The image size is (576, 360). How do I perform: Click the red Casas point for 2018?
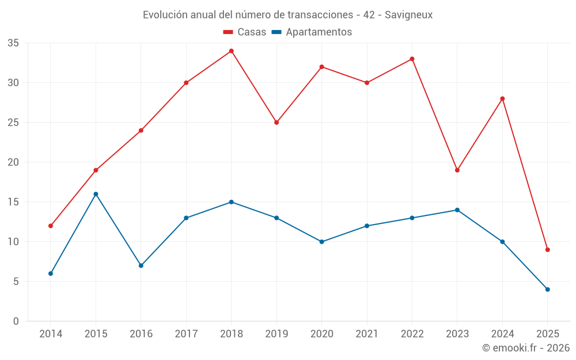[x=231, y=51]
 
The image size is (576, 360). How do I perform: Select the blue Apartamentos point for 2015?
[x=96, y=194]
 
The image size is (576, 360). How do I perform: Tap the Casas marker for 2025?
[x=548, y=249]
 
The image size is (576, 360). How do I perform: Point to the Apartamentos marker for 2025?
[x=548, y=289]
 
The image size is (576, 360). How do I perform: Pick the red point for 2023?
[x=457, y=170]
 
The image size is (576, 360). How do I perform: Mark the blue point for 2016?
[x=141, y=266]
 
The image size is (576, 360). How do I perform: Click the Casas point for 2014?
[x=51, y=226]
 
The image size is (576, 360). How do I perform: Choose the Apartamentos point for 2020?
[x=321, y=241]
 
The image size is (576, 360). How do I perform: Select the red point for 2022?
[x=412, y=59]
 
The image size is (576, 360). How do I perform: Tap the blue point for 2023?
[x=457, y=210]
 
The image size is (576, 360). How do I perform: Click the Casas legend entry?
[x=245, y=32]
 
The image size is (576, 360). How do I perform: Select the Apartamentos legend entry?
[x=312, y=32]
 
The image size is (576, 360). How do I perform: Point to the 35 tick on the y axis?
[x=13, y=43]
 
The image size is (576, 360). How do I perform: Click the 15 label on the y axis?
[x=13, y=202]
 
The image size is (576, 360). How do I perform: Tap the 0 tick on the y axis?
[x=16, y=321]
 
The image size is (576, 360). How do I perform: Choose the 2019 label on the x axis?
[x=276, y=334]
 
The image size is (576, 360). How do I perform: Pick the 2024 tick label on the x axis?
[x=502, y=334]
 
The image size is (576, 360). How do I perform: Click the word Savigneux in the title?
[x=408, y=15]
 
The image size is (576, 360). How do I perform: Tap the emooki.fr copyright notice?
[x=526, y=348]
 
